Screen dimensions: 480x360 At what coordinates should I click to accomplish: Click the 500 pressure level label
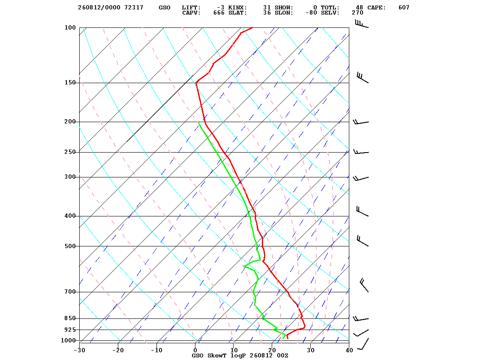click(x=70, y=246)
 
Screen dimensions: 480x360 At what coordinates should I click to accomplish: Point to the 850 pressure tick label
click(x=70, y=318)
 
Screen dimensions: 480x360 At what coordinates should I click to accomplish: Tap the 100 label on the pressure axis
click(x=70, y=27)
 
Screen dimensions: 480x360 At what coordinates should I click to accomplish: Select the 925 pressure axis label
click(x=70, y=330)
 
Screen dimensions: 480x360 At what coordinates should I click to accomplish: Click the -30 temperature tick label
click(x=79, y=351)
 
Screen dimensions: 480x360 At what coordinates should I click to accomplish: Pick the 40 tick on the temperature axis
click(x=349, y=351)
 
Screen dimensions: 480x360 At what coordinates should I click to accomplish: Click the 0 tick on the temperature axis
click(x=195, y=351)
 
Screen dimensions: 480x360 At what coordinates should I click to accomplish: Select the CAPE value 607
click(x=404, y=8)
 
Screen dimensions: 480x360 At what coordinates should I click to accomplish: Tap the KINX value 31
click(x=267, y=8)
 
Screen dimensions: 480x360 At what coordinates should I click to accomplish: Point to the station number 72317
click(x=134, y=8)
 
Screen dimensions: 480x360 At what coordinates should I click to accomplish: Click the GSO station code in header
click(x=165, y=8)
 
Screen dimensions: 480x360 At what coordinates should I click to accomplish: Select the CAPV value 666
click(x=219, y=13)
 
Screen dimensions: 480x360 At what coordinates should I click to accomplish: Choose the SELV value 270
click(x=357, y=13)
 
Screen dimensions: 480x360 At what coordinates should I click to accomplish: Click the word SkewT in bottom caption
click(x=217, y=356)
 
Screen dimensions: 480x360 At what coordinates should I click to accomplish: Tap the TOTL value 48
click(x=360, y=8)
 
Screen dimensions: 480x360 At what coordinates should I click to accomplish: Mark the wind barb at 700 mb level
click(x=364, y=285)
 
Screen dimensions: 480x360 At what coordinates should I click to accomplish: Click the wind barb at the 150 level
click(x=363, y=78)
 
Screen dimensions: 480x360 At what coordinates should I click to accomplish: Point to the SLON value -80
click(x=311, y=13)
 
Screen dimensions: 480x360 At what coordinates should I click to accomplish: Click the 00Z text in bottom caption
click(x=282, y=356)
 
